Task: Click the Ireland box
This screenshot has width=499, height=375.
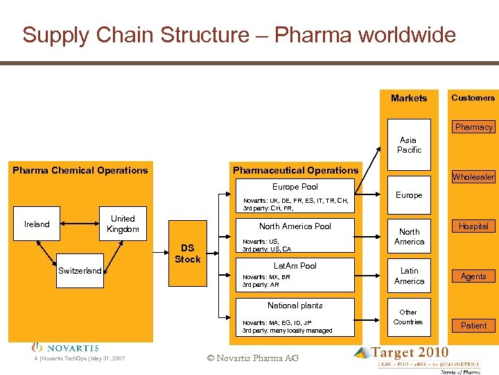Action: (x=37, y=224)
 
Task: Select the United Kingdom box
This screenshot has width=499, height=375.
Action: (x=123, y=224)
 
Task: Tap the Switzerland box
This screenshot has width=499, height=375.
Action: (x=80, y=271)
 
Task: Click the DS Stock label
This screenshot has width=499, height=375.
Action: (x=187, y=253)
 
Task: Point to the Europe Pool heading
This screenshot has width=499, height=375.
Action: (x=295, y=187)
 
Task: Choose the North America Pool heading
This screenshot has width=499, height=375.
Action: (x=295, y=226)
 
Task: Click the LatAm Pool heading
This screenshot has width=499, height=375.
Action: (x=295, y=266)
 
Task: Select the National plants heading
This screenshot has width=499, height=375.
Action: (x=295, y=306)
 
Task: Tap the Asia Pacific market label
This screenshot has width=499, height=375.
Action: (x=409, y=145)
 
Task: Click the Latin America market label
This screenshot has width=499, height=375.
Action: (x=409, y=276)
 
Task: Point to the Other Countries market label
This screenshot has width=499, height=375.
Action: (x=408, y=317)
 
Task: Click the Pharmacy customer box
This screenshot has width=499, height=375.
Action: (x=474, y=127)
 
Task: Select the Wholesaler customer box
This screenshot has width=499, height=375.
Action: (x=474, y=177)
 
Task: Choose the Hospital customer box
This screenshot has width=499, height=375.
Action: (x=474, y=226)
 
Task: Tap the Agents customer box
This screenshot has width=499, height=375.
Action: (x=474, y=276)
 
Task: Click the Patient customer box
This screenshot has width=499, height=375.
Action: (x=474, y=326)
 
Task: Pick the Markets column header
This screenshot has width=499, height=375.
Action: (x=409, y=98)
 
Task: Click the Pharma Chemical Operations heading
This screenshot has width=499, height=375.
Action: (x=80, y=170)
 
